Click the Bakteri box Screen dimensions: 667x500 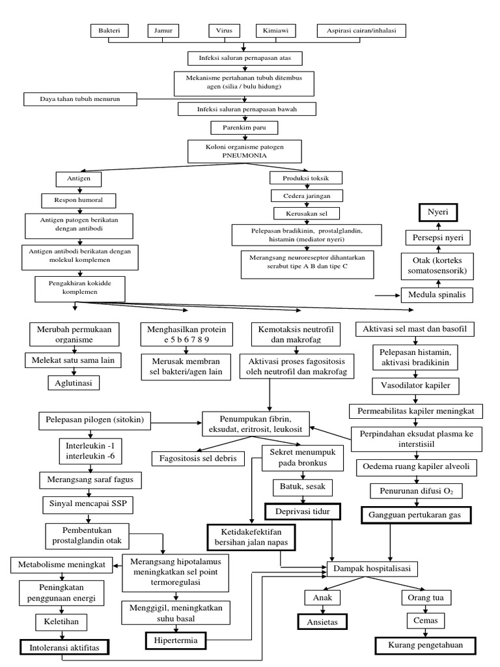pos(109,31)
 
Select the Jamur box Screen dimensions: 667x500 pos(163,31)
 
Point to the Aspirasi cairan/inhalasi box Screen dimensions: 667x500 pos(361,31)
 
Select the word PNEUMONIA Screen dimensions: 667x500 pos(244,156)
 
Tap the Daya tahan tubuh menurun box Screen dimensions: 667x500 pos(81,99)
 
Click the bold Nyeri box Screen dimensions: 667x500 pos(438,213)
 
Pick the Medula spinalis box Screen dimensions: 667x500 pos(437,294)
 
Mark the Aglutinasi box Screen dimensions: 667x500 pos(74,383)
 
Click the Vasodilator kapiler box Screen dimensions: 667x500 pos(415,386)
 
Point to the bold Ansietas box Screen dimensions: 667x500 pos(322,622)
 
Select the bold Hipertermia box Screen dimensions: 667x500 pos(175,641)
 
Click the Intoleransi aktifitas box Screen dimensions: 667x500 pos(64,647)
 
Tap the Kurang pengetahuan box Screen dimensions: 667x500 pos(425,646)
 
